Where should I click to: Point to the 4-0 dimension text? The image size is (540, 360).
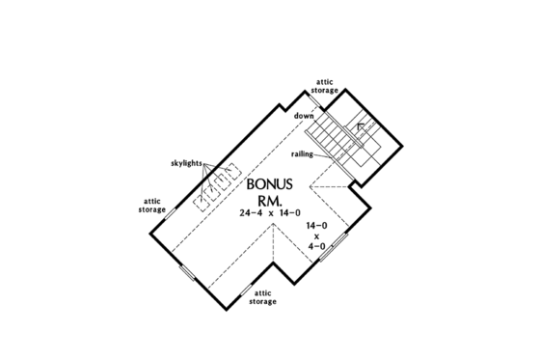coord(316,246)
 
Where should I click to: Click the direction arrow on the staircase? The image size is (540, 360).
coord(361,126)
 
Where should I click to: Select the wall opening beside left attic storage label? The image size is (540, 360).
coord(168,214)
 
